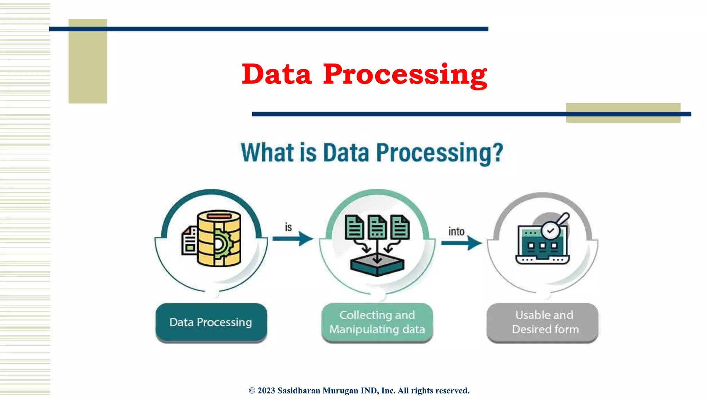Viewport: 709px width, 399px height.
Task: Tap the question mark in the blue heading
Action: [x=498, y=152]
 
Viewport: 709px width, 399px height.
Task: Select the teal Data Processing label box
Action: [x=211, y=322]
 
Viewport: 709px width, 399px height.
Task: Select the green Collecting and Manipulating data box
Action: [x=377, y=322]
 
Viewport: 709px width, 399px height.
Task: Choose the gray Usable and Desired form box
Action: [x=542, y=322]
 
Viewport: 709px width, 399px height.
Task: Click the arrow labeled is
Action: [x=293, y=238]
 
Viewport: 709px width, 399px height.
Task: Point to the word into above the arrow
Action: [x=456, y=231]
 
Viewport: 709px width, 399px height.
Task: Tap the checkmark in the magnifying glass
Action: [x=550, y=231]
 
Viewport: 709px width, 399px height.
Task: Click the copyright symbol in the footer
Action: [x=252, y=391]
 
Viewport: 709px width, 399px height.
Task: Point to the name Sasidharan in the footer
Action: [x=299, y=391]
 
